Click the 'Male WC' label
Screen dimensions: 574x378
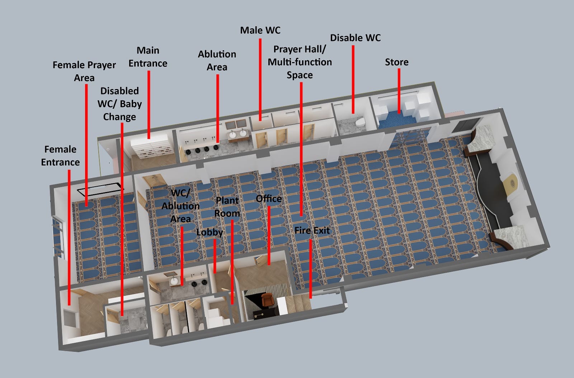[260, 31]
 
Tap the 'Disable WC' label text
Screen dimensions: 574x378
[355, 38]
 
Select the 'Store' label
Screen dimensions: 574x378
[396, 62]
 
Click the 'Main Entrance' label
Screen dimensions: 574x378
[148, 57]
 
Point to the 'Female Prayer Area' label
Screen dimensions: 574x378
[84, 71]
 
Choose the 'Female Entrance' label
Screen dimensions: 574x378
[60, 155]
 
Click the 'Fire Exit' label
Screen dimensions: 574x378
[312, 230]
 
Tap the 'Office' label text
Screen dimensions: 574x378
[268, 199]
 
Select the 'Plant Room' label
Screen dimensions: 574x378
[227, 207]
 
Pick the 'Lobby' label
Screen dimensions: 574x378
[210, 232]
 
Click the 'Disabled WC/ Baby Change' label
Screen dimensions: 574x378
[119, 104]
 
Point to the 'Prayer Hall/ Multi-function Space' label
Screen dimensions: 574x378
[300, 62]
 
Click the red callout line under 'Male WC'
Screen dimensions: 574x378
[260, 79]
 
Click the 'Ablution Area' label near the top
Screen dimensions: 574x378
[217, 61]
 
